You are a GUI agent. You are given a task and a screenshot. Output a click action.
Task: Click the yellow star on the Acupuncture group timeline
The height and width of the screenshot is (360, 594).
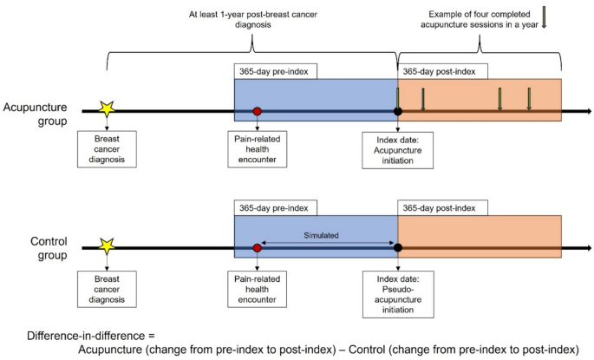pos(107,110)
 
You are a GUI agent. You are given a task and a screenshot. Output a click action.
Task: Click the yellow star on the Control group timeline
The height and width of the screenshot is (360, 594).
pos(107,247)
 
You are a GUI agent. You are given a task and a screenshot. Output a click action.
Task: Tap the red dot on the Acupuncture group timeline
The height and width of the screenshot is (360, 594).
pos(257,111)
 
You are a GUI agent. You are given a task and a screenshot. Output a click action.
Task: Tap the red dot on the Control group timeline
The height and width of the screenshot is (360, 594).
pos(257,248)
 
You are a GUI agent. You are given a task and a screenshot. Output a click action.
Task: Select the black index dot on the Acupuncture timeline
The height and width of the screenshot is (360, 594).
pos(397,111)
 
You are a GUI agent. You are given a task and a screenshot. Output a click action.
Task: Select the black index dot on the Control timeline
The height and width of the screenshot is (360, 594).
pos(397,248)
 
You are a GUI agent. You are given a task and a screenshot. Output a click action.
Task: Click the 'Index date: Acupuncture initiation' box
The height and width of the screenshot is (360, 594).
pos(398,150)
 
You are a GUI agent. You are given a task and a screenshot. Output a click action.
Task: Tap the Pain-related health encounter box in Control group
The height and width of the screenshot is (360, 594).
pos(257,287)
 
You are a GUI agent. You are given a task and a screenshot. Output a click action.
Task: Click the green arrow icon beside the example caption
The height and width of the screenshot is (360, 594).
pos(544,17)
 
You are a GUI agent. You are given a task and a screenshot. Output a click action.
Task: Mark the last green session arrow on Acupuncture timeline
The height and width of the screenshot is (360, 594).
pos(529,99)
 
